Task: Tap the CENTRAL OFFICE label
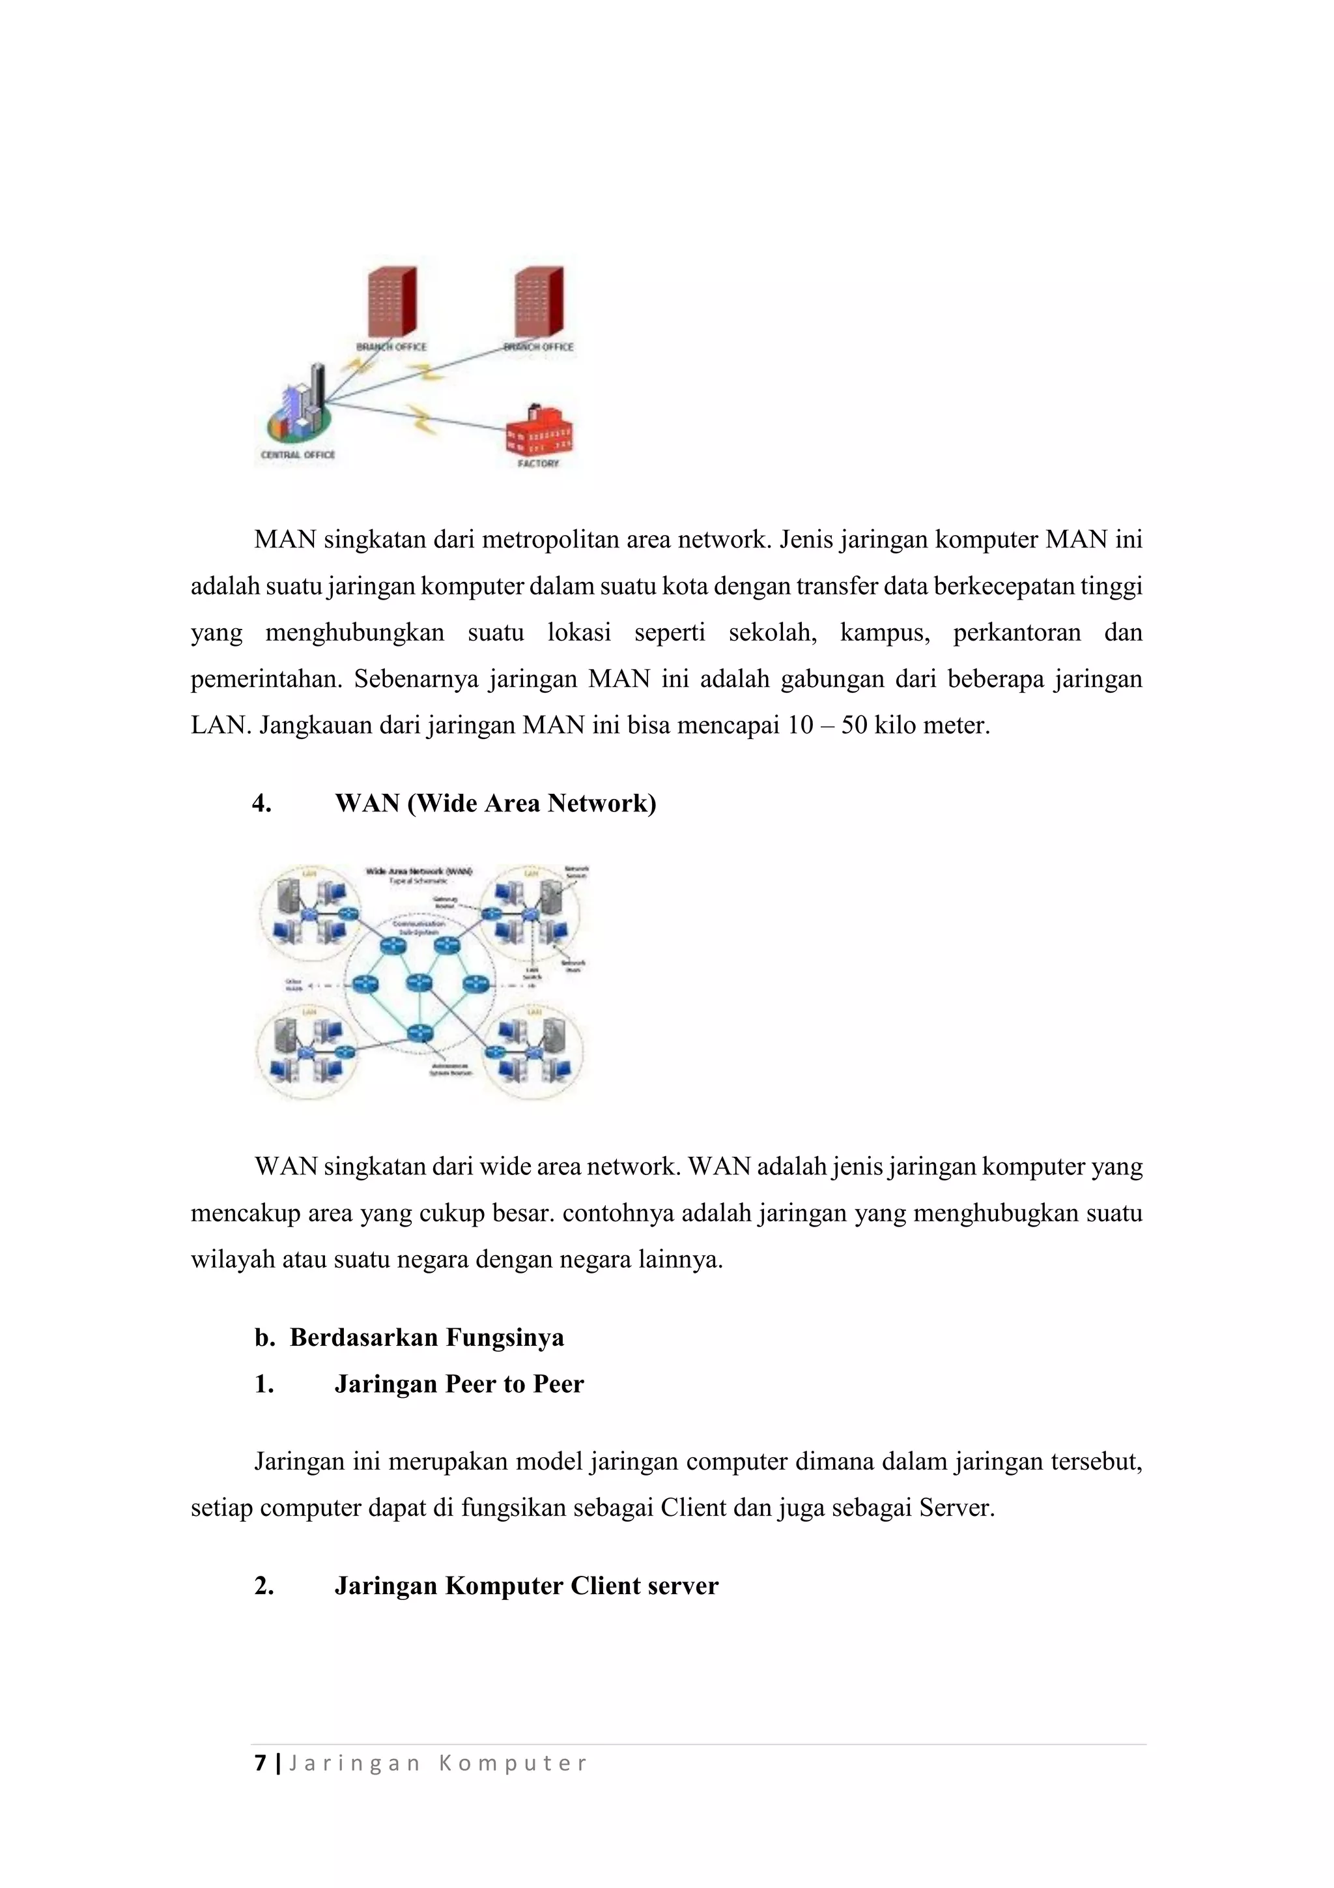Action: pos(298,455)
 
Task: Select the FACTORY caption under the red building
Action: pos(539,464)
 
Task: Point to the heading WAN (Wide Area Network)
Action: pos(495,804)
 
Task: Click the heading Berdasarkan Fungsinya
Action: pos(427,1338)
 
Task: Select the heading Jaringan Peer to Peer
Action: pos(459,1384)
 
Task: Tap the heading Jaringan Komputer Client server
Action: pos(526,1586)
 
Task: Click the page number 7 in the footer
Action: pos(261,1763)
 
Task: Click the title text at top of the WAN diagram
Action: pos(418,871)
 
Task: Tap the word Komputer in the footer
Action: pos(513,1764)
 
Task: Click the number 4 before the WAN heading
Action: pos(261,804)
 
